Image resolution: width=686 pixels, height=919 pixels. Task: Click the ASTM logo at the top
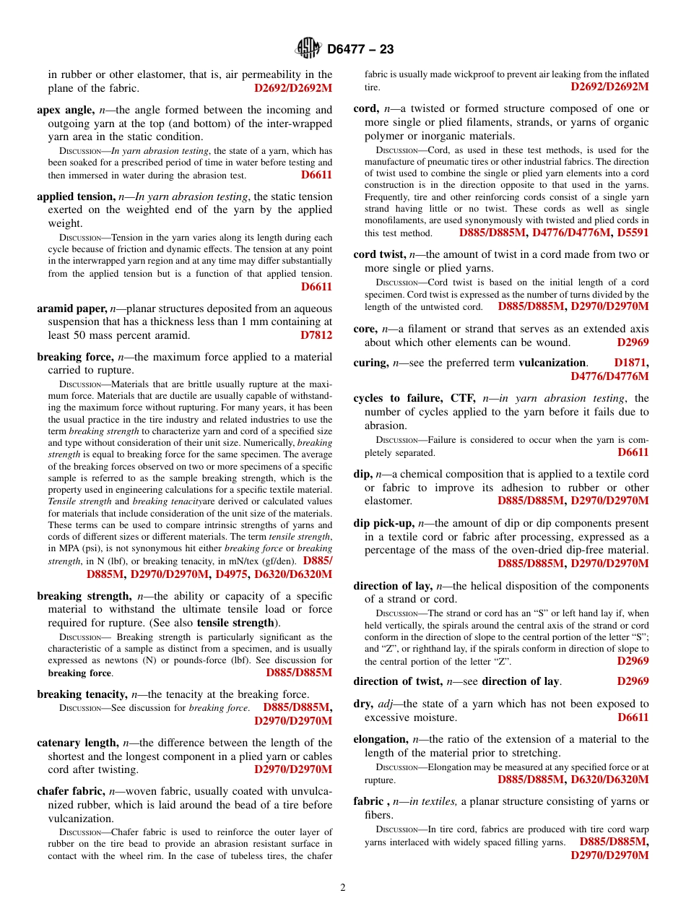point(308,48)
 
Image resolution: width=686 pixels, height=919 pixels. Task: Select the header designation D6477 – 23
point(360,49)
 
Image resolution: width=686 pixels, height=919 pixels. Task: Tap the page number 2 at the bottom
point(343,888)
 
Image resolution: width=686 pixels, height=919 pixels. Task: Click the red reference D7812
point(316,335)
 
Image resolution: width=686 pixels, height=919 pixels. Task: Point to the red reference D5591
point(633,233)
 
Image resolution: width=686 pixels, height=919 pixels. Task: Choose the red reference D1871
point(631,363)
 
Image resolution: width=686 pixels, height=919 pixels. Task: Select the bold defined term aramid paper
point(71,309)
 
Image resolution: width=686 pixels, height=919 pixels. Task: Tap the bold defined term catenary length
point(77,743)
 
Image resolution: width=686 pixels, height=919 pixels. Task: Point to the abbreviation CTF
point(462,398)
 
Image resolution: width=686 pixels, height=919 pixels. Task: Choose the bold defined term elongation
point(381,739)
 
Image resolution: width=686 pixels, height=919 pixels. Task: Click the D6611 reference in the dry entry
point(633,717)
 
